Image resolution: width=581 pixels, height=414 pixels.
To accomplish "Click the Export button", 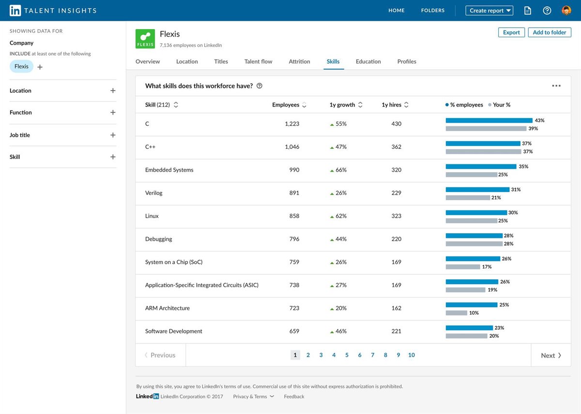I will (511, 32).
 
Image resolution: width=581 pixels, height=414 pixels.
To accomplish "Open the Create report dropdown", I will (490, 10).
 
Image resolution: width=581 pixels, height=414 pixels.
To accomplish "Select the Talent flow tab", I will (258, 62).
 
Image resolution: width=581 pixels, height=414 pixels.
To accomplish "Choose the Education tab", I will (368, 62).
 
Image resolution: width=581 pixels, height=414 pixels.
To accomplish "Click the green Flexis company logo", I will (145, 39).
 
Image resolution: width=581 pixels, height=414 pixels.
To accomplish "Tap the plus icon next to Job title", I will (113, 135).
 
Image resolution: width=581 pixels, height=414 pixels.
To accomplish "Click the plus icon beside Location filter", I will (113, 91).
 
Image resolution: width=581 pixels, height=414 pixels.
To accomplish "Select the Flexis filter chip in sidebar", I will (21, 66).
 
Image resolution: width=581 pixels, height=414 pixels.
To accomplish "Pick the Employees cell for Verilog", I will (294, 193).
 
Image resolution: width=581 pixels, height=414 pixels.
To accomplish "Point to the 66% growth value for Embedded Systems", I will (341, 170).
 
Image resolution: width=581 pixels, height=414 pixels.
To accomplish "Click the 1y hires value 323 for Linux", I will (396, 216).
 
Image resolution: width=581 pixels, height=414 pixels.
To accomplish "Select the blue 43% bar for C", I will (489, 120).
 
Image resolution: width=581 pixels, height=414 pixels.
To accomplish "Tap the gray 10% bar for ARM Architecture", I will (456, 313).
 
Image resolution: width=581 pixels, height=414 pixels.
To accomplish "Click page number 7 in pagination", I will (372, 355).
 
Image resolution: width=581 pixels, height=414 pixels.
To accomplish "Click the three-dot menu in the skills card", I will (556, 86).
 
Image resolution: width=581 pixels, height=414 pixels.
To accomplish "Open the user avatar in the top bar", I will (566, 10).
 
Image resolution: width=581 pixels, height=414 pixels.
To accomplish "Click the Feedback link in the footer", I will (294, 397).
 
